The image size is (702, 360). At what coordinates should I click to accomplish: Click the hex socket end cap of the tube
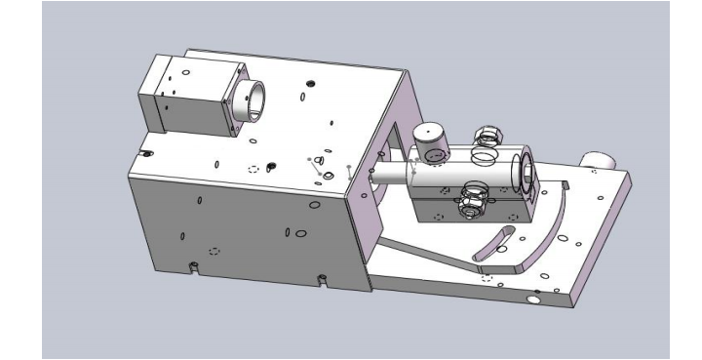(x=525, y=172)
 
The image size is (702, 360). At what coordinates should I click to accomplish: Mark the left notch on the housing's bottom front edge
(x=193, y=266)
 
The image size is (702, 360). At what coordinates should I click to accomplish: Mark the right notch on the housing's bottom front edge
(x=321, y=282)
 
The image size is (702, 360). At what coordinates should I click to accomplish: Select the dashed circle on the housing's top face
(x=256, y=169)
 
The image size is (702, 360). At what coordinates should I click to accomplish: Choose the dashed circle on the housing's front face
(x=214, y=250)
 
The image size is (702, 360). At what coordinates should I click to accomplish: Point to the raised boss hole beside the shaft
(x=329, y=173)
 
